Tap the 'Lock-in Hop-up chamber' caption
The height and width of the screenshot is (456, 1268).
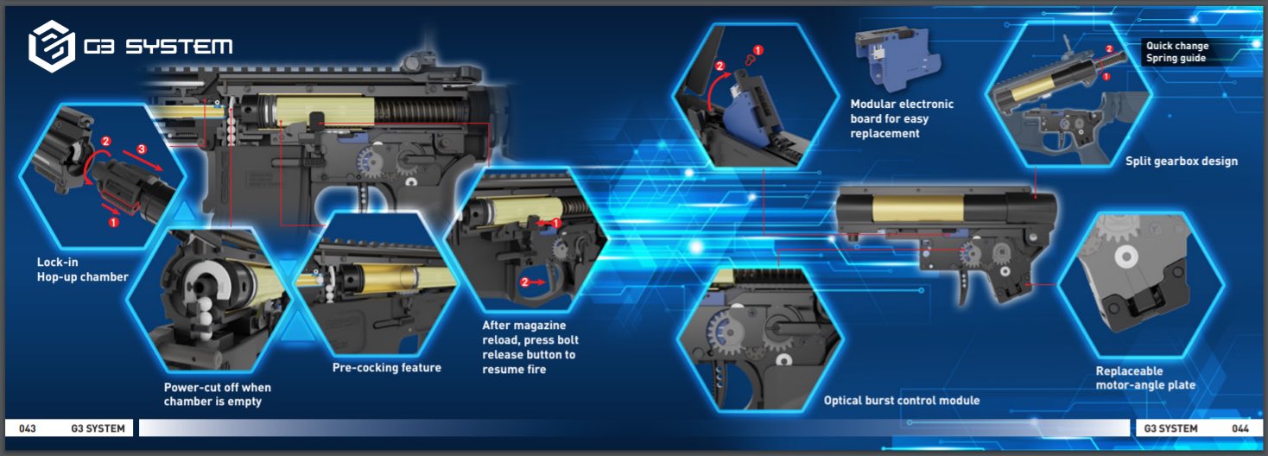coord(82,269)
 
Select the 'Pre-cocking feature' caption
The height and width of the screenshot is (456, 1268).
coord(387,368)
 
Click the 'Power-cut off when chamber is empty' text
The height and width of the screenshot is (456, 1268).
coord(217,395)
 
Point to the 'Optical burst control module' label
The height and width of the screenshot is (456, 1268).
coord(901,401)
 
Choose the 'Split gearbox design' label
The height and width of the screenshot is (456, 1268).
coord(1181,161)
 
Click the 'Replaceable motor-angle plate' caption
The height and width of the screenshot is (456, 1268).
coord(1145,378)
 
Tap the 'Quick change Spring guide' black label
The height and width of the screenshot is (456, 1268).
coord(1176,52)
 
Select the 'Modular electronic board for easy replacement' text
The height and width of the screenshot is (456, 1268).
coord(902,119)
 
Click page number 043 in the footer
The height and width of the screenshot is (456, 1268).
coord(27,428)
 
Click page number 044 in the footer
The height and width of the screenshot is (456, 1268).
coord(1240,428)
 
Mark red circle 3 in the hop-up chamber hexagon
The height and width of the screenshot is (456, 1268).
coord(143,149)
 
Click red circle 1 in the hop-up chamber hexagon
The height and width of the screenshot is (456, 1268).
coord(113,222)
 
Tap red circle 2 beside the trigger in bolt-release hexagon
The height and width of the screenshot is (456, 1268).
coord(524,282)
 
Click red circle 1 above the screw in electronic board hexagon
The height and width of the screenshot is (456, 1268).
coord(758,51)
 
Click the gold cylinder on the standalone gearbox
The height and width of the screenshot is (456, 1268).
coord(930,207)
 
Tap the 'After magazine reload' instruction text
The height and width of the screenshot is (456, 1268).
coord(529,347)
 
